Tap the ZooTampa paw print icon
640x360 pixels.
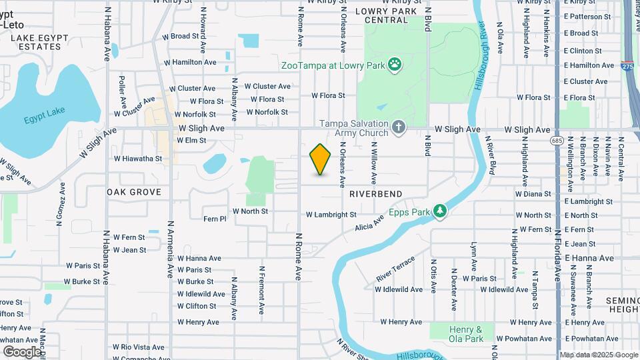[396, 65]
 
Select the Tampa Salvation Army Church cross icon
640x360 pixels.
[398, 127]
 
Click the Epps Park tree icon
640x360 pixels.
[439, 211]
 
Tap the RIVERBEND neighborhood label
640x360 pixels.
[375, 193]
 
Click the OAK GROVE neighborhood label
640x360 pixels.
[133, 192]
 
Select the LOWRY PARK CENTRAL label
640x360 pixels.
[391, 15]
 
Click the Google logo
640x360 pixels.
[22, 351]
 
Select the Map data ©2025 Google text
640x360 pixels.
[598, 355]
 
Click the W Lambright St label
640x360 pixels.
[331, 215]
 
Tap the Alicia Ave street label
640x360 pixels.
[370, 223]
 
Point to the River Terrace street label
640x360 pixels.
[395, 268]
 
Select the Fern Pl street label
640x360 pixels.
[215, 218]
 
